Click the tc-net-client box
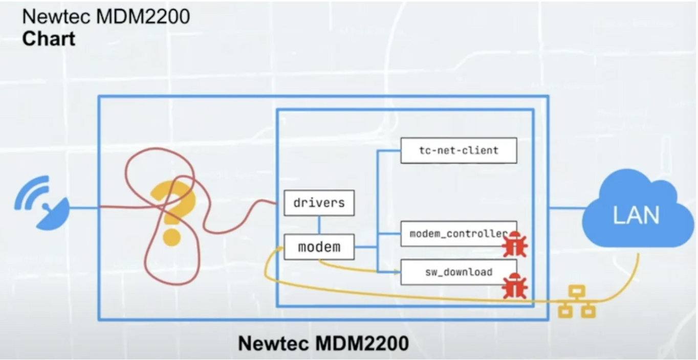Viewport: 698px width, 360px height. pos(459,150)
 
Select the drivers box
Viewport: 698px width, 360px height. pos(319,202)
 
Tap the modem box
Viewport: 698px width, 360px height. pos(319,247)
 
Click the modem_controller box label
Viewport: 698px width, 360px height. pos(459,234)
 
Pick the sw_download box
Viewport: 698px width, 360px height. pos(459,272)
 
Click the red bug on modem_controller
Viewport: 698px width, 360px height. pos(515,244)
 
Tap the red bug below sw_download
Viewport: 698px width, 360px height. pos(515,286)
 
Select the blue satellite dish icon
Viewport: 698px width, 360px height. pos(42,203)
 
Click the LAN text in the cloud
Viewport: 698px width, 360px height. pos(636,215)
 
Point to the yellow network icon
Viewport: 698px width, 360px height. pos(577,302)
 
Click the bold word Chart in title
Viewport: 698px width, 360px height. pos(49,39)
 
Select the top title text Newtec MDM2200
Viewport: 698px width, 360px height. pos(106,16)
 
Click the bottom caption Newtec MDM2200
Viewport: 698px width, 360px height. pos(323,343)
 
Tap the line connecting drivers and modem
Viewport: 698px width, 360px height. pos(319,225)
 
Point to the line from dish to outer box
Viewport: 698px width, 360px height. pos(83,208)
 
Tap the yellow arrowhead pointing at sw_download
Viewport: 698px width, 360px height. pos(397,273)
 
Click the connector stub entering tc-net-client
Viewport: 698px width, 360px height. pos(389,151)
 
